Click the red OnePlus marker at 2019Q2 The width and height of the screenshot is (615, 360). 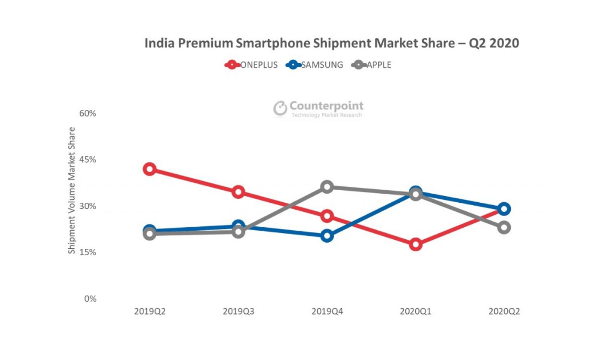tap(150, 169)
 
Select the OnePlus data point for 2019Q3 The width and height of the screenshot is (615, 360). tap(239, 192)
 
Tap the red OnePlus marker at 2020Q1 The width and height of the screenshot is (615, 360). tap(416, 244)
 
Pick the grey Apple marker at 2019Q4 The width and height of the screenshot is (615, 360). tap(327, 187)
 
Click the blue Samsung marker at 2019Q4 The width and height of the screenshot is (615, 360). tap(327, 235)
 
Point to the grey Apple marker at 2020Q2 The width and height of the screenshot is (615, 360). tap(504, 227)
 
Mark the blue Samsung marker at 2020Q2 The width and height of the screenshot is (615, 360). tap(504, 208)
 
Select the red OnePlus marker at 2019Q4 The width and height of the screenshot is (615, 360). tap(327, 216)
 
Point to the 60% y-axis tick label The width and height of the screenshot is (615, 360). tap(88, 113)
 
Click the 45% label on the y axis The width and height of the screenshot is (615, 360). tap(88, 159)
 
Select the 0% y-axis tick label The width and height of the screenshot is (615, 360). tap(90, 298)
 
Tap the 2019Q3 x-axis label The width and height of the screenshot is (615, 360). tap(239, 312)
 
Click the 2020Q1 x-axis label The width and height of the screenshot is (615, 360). tap(416, 312)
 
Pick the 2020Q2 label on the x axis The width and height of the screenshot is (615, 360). tap(504, 312)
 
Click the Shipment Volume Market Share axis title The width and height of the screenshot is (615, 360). tap(72, 190)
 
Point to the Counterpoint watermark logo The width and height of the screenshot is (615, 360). tap(318, 108)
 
